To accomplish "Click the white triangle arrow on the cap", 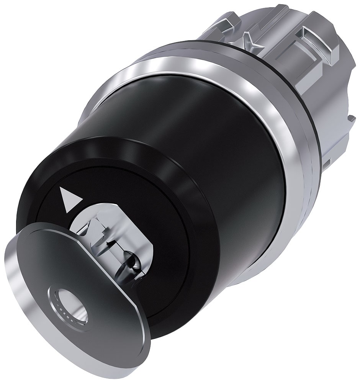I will point(70,199).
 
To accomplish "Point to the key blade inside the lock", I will point(119,245).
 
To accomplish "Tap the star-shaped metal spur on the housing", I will point(245,42).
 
